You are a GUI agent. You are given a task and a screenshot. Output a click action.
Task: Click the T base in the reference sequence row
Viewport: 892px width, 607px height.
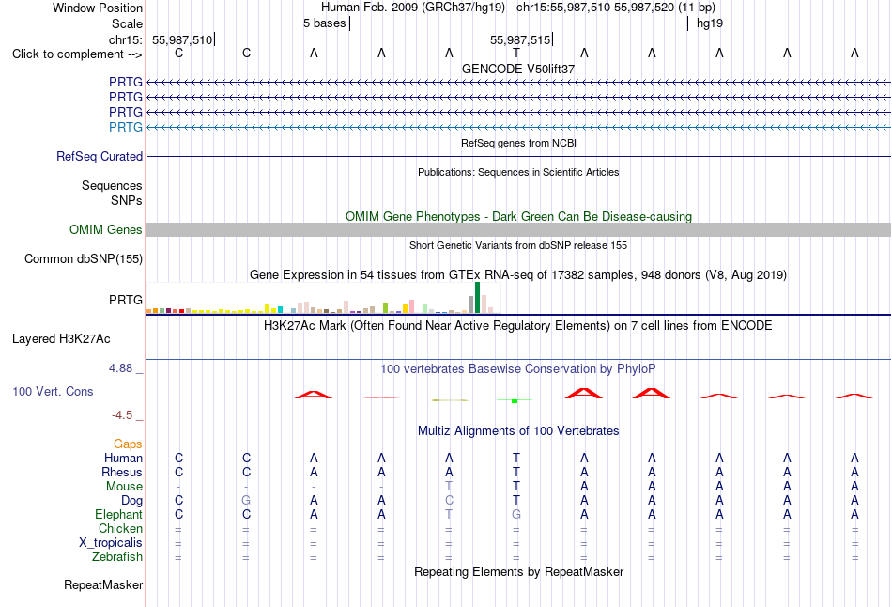coord(516,54)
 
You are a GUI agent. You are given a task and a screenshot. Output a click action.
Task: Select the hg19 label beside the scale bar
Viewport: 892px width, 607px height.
coord(710,23)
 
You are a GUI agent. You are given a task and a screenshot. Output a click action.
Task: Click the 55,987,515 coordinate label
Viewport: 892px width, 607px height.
coord(520,39)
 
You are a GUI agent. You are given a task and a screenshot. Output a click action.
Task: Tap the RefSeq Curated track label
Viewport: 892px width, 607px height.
coord(100,157)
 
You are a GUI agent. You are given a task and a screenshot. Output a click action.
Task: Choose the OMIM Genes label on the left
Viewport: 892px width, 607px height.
coord(106,229)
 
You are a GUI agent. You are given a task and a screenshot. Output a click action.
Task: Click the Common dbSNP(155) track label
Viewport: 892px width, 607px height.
coord(84,259)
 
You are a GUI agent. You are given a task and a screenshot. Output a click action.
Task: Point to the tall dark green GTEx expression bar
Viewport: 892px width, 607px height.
coord(477,297)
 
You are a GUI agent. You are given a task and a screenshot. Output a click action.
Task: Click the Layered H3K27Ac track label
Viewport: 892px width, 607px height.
coord(61,339)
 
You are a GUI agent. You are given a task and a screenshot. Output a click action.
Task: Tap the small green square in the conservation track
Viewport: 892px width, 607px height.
coord(515,401)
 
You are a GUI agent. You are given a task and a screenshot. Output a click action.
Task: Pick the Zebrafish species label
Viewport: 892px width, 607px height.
coord(117,557)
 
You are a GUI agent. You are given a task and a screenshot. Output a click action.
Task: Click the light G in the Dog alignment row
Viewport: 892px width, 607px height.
coord(246,501)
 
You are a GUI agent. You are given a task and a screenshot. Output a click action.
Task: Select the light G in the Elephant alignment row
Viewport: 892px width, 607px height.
coord(516,515)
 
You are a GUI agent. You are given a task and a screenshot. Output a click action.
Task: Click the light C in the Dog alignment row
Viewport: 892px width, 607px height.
coord(449,501)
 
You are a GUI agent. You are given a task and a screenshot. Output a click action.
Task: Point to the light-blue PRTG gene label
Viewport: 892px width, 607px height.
coord(126,127)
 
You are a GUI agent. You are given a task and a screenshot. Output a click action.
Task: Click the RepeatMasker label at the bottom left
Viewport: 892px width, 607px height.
coord(103,585)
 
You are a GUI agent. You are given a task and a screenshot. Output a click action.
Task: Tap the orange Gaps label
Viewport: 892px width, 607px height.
coord(128,444)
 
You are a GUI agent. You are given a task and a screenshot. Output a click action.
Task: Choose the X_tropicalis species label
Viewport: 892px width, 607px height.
coord(111,543)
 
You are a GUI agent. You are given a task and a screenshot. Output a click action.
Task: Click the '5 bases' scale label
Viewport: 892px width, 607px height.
coord(324,23)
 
